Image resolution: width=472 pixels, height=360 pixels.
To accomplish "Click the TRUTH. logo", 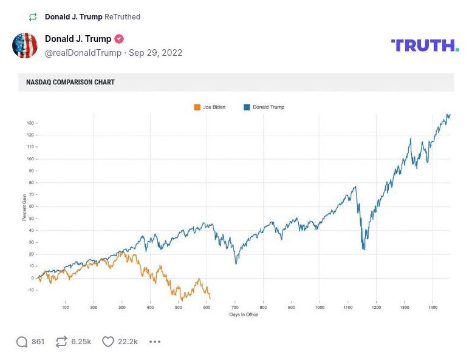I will click(425, 45).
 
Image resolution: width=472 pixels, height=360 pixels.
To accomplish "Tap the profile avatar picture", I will click(25, 46).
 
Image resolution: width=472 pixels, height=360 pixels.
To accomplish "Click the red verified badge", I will click(119, 39).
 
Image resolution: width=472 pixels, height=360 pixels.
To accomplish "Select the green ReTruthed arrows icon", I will click(33, 17).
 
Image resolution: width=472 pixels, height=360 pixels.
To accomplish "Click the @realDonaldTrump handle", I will click(83, 53).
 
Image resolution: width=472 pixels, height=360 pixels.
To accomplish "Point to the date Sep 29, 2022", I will click(156, 53).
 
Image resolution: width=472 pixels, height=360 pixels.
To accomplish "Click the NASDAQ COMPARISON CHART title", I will click(70, 82).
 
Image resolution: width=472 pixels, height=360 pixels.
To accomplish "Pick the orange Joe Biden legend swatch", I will click(197, 107).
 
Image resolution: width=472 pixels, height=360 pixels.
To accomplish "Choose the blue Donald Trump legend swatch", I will click(247, 107).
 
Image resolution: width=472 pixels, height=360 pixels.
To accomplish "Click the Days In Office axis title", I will click(244, 315).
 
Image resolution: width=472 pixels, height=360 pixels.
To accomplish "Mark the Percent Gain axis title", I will click(25, 206).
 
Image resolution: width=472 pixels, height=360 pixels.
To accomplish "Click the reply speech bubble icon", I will click(22, 342).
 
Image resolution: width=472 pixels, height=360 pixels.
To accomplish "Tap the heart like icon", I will click(108, 342).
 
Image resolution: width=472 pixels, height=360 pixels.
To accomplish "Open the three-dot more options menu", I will click(155, 342).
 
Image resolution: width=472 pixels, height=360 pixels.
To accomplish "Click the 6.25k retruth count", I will click(81, 342).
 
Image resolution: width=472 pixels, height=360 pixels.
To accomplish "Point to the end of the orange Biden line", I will click(210, 299).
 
